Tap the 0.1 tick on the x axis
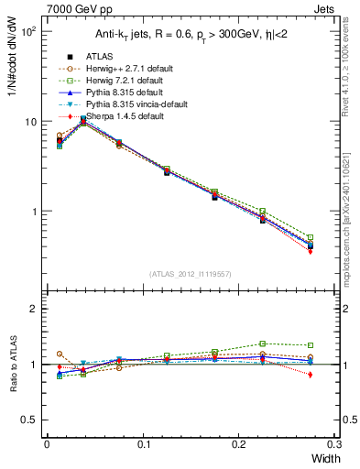pyautogui.click(x=143, y=445)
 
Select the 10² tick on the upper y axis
pyautogui.click(x=29, y=31)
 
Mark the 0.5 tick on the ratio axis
pyautogui.click(x=30, y=420)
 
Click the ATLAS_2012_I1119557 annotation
pyautogui.click(x=191, y=274)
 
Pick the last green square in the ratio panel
pyautogui.click(x=310, y=345)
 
